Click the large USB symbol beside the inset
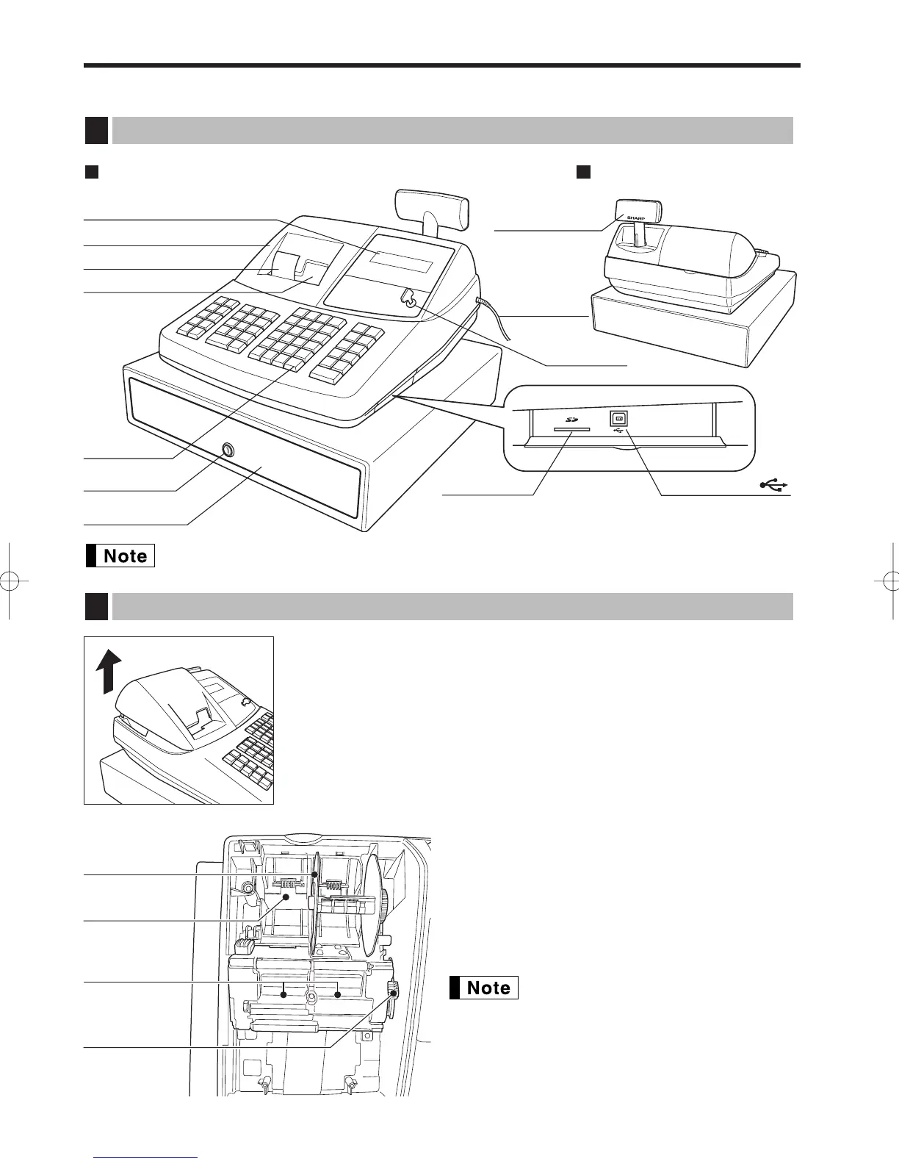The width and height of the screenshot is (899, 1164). pos(775,485)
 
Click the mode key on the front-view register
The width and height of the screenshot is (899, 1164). pos(406,299)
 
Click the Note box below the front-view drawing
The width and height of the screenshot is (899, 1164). pos(120,556)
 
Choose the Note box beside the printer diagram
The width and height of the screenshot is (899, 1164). pos(483,988)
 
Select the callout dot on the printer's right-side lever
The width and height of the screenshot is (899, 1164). pos(394,994)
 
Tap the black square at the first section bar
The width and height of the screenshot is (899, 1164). pos(95,130)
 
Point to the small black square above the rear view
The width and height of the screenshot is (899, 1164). pos(583,172)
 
